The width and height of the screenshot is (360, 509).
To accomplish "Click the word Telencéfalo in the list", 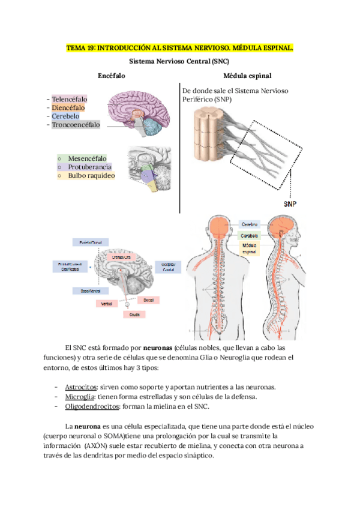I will click(70, 99).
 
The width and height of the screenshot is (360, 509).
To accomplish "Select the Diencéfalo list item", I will click(69, 107).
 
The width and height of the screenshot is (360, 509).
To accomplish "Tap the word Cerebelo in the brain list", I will click(67, 116).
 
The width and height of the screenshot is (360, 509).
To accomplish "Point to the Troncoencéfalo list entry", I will click(76, 124).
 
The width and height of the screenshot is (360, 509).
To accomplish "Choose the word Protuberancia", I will click(90, 167).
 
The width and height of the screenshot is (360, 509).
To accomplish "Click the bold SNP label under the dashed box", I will click(290, 203).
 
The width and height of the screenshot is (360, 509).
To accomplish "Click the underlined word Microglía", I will click(79, 397).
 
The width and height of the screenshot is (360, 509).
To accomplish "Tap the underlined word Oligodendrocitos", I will click(91, 406).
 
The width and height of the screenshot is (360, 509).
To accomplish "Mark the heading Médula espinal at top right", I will click(247, 76).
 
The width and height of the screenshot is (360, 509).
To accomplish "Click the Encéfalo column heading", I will click(112, 76).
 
